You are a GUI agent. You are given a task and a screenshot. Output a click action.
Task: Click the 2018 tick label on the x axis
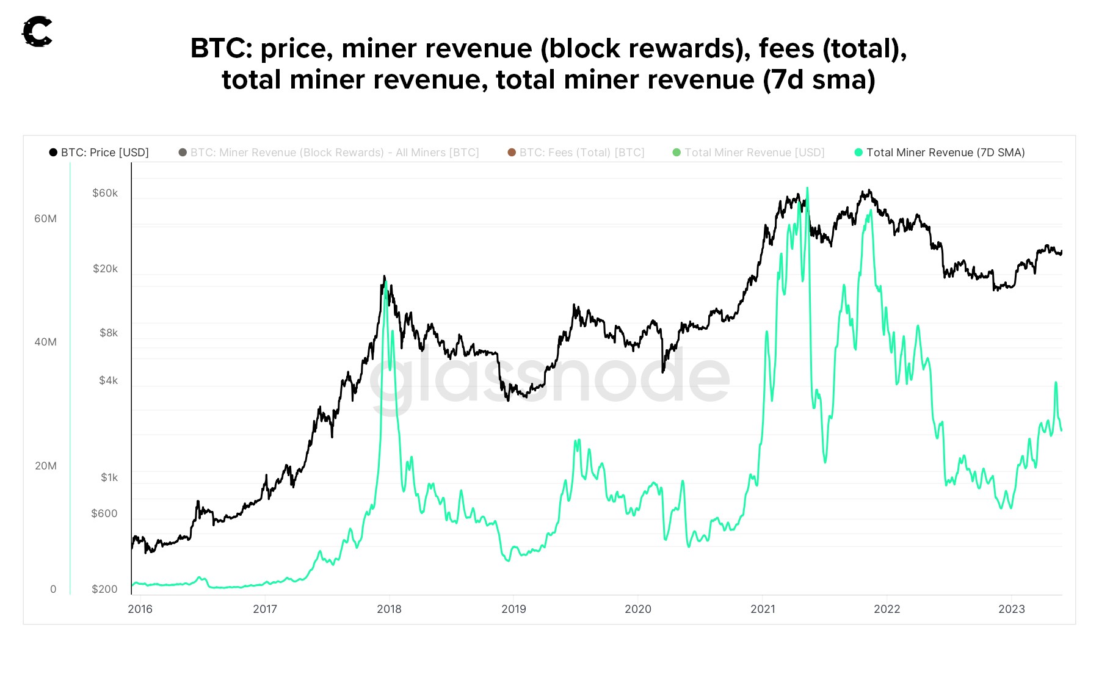click(x=389, y=609)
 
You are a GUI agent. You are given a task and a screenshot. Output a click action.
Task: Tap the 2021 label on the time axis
click(x=763, y=609)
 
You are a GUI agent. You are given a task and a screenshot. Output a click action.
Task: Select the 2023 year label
click(x=1011, y=609)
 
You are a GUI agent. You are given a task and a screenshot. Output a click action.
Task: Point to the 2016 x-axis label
click(x=140, y=609)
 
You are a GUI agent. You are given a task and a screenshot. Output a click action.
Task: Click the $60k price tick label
click(x=105, y=193)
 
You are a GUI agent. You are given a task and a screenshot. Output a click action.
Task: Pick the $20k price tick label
click(x=105, y=269)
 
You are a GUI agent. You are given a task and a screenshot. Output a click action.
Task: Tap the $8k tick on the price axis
click(x=109, y=333)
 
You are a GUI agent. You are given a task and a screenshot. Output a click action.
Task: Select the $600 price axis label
click(x=104, y=513)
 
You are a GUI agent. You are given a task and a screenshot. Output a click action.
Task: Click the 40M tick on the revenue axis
click(x=45, y=342)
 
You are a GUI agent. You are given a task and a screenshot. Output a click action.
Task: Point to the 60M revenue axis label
click(x=45, y=219)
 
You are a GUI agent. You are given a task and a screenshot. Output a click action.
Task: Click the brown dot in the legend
click(x=512, y=153)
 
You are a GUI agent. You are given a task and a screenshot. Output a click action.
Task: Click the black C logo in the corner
click(x=37, y=32)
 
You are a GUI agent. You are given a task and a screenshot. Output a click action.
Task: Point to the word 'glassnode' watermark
click(x=549, y=378)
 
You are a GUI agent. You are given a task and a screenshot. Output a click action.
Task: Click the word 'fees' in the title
click(x=786, y=49)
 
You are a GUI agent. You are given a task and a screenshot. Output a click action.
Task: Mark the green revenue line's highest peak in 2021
click(x=807, y=189)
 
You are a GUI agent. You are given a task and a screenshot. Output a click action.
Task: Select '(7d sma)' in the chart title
click(x=819, y=80)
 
